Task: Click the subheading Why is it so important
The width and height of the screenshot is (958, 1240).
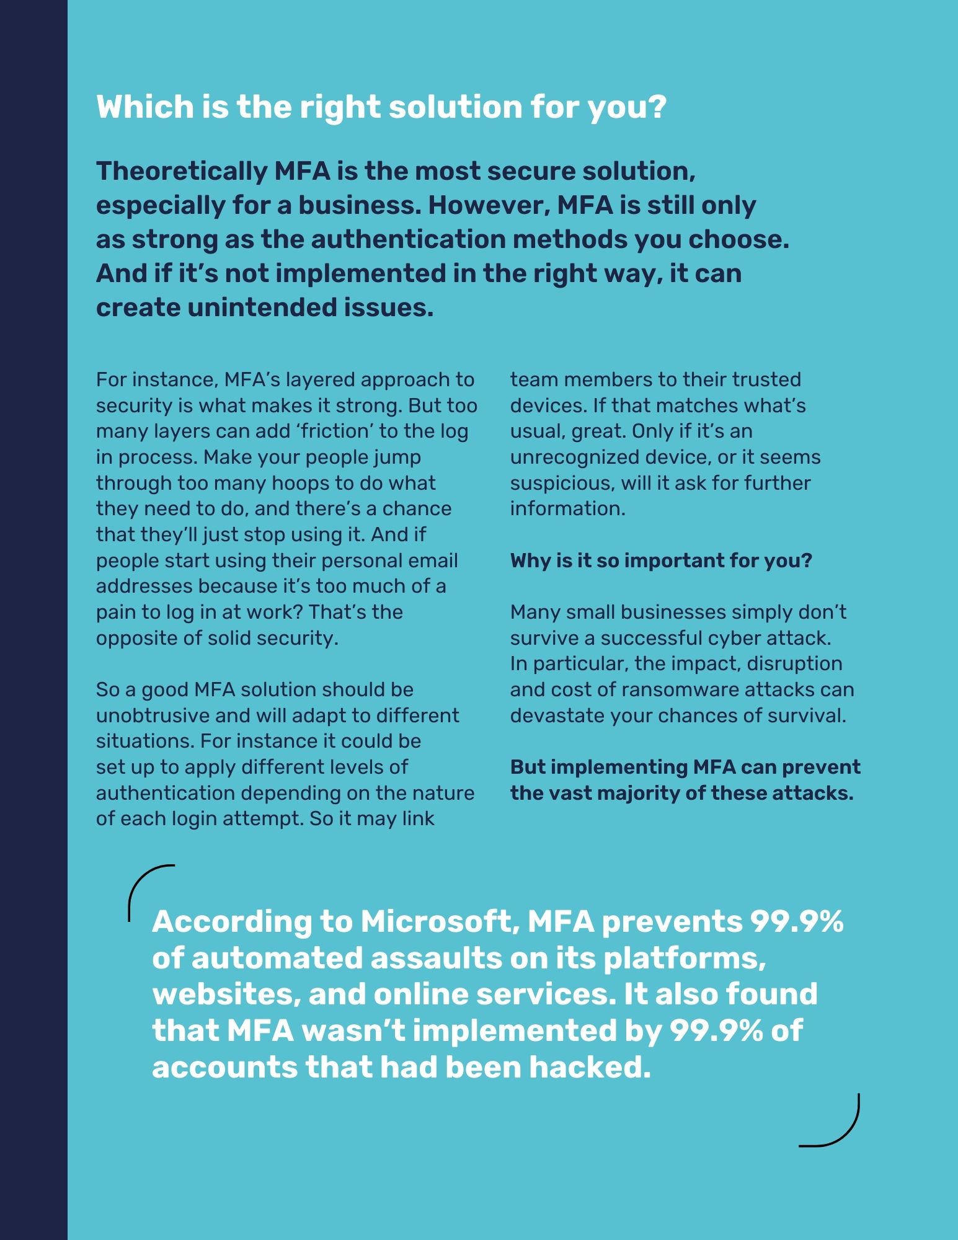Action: click(660, 560)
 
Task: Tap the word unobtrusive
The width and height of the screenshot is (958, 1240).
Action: click(153, 715)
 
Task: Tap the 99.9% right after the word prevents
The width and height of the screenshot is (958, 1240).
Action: click(797, 921)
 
